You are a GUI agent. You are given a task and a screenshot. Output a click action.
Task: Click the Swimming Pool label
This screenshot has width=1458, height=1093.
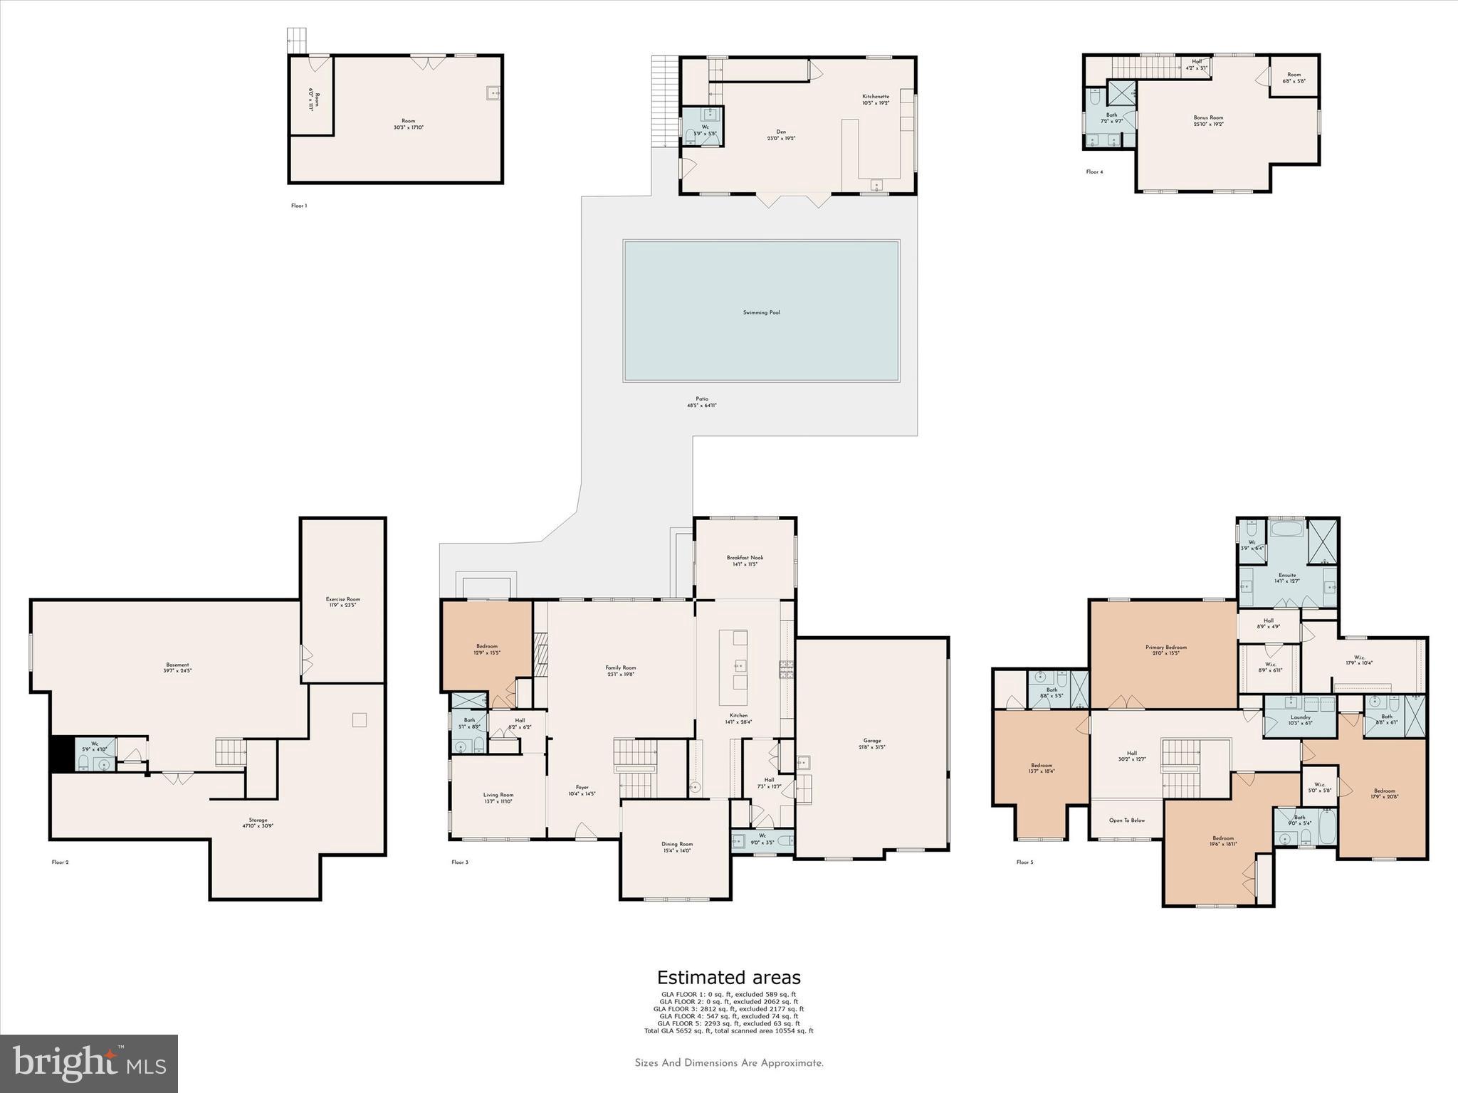pyautogui.click(x=761, y=312)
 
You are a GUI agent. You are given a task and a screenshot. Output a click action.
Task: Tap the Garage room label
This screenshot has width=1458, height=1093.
pyautogui.click(x=872, y=741)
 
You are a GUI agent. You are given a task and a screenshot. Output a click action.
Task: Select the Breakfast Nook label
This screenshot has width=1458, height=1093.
pyautogui.click(x=745, y=558)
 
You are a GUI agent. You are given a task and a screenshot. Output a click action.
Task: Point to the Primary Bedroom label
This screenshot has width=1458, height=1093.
pyautogui.click(x=1165, y=648)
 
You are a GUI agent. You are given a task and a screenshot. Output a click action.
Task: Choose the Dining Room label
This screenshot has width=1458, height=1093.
pyautogui.click(x=676, y=844)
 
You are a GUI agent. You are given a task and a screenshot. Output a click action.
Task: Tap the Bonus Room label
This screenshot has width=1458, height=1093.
pyautogui.click(x=1208, y=118)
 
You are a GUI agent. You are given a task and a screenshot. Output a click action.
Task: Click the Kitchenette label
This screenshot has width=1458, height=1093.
pyautogui.click(x=875, y=97)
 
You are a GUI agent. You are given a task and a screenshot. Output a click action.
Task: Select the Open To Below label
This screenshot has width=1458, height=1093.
pyautogui.click(x=1126, y=820)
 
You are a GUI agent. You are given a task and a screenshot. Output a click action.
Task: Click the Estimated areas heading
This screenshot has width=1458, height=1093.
pyautogui.click(x=728, y=978)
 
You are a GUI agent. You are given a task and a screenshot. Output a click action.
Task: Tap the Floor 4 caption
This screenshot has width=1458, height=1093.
pyautogui.click(x=1094, y=172)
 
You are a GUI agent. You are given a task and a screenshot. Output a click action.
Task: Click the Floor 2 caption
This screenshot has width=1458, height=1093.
pyautogui.click(x=60, y=862)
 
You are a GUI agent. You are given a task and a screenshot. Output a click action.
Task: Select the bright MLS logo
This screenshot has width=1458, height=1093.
pyautogui.click(x=89, y=1063)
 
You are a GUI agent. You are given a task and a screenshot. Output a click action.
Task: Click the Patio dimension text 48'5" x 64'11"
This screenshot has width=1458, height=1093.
pyautogui.click(x=701, y=406)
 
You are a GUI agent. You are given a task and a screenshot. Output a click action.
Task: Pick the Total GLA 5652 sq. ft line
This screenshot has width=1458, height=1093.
pyautogui.click(x=728, y=1030)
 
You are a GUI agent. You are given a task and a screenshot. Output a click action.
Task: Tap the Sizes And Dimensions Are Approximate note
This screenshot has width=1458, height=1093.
pyautogui.click(x=728, y=1063)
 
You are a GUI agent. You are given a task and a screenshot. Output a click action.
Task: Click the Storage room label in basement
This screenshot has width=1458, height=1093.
pyautogui.click(x=258, y=820)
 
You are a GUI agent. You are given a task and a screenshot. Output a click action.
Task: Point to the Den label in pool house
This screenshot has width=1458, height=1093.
pyautogui.click(x=781, y=132)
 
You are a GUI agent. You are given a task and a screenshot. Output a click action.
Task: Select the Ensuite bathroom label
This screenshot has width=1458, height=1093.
pyautogui.click(x=1286, y=575)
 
